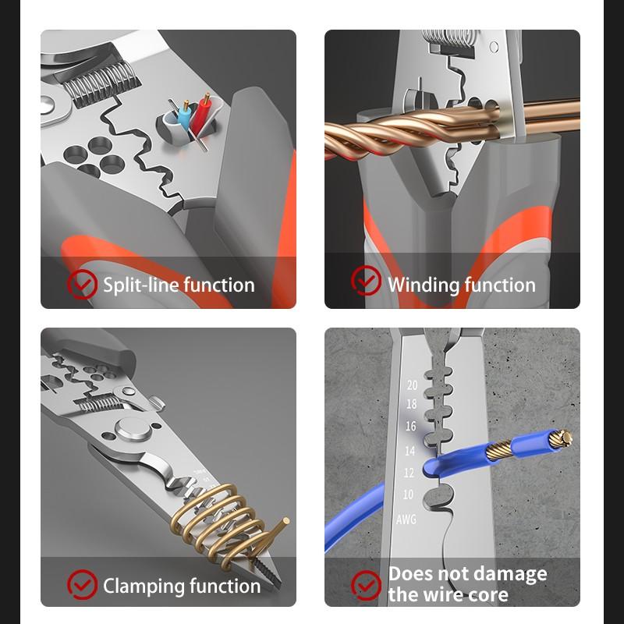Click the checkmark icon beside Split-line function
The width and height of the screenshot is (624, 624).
point(82,285)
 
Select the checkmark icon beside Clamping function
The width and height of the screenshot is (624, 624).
point(82,584)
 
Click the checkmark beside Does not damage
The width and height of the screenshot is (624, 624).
point(366,584)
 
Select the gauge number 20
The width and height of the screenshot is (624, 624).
point(411,385)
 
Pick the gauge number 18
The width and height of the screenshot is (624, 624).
point(411,404)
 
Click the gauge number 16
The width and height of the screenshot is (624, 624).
point(411,427)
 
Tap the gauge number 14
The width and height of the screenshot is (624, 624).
point(409,451)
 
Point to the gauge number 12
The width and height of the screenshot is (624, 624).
point(409,473)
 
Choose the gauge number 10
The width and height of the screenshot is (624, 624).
point(408,495)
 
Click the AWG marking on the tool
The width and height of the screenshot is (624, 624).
point(407,519)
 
